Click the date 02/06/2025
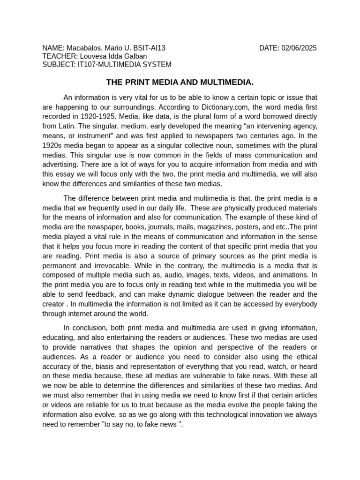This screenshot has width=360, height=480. point(299,48)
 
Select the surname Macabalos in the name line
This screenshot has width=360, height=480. point(82,48)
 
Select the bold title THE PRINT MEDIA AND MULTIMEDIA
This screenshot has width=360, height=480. point(180,82)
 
